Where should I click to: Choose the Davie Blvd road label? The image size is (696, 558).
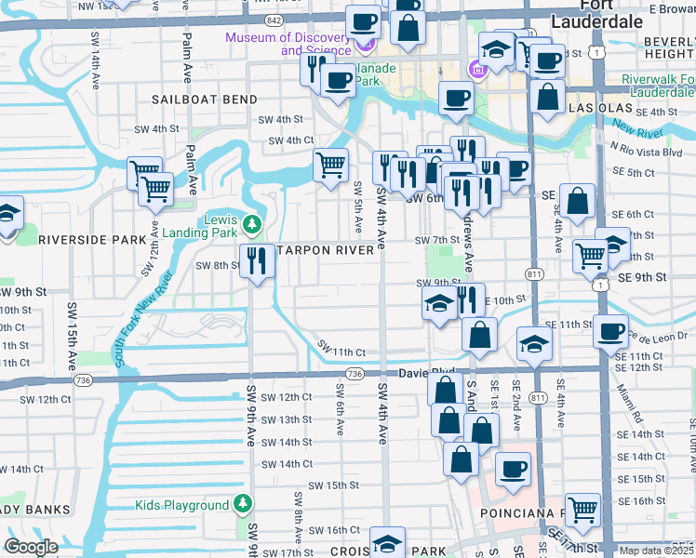click(426, 373)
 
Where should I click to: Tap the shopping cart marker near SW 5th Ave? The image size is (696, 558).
click(331, 166)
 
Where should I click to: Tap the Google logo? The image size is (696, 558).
click(32, 547)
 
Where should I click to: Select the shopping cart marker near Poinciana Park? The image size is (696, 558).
click(582, 510)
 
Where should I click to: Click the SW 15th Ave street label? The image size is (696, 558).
click(71, 325)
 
